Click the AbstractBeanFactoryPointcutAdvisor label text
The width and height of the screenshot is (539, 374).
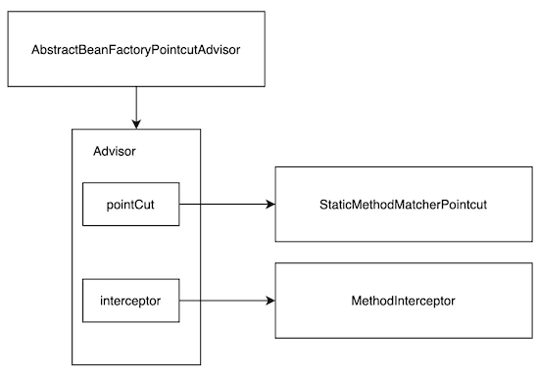[136, 50]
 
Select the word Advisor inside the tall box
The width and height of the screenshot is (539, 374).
[115, 151]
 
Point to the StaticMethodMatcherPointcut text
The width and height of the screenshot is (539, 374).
[403, 205]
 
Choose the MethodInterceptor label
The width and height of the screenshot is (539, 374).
[403, 301]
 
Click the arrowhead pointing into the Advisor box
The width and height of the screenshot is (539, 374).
[136, 124]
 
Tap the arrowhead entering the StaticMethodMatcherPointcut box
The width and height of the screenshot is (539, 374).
[270, 205]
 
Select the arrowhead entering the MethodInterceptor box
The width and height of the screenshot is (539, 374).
[270, 301]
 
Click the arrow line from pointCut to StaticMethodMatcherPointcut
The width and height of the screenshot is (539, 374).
[227, 205]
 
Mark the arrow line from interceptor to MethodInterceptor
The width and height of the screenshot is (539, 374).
[227, 301]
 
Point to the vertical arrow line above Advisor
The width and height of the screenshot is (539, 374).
[136, 108]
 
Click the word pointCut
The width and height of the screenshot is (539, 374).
[130, 205]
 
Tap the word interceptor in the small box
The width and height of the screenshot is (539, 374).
[130, 301]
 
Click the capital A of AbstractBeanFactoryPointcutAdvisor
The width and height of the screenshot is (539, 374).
[35, 50]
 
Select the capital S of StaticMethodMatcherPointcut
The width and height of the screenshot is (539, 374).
[323, 205]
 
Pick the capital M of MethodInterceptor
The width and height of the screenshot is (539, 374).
[356, 301]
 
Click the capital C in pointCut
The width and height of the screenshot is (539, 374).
[137, 205]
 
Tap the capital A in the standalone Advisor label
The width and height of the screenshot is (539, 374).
[97, 151]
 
